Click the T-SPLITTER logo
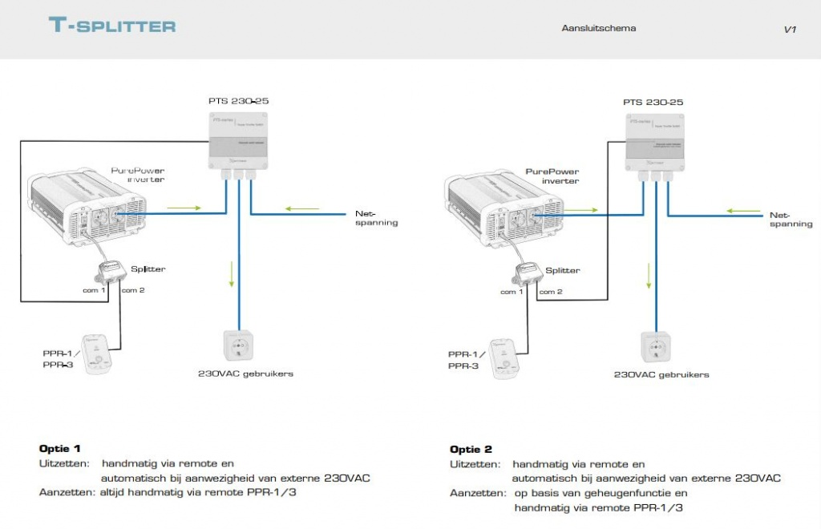click(x=112, y=26)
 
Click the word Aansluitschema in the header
click(x=599, y=28)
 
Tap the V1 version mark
click(x=790, y=30)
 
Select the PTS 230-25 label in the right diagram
click(x=653, y=103)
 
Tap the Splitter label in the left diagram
click(x=148, y=269)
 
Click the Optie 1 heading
click(x=60, y=449)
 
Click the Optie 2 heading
click(x=471, y=449)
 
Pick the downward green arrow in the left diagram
click(x=231, y=275)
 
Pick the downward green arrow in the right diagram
click(x=649, y=277)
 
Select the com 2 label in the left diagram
click(x=133, y=290)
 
